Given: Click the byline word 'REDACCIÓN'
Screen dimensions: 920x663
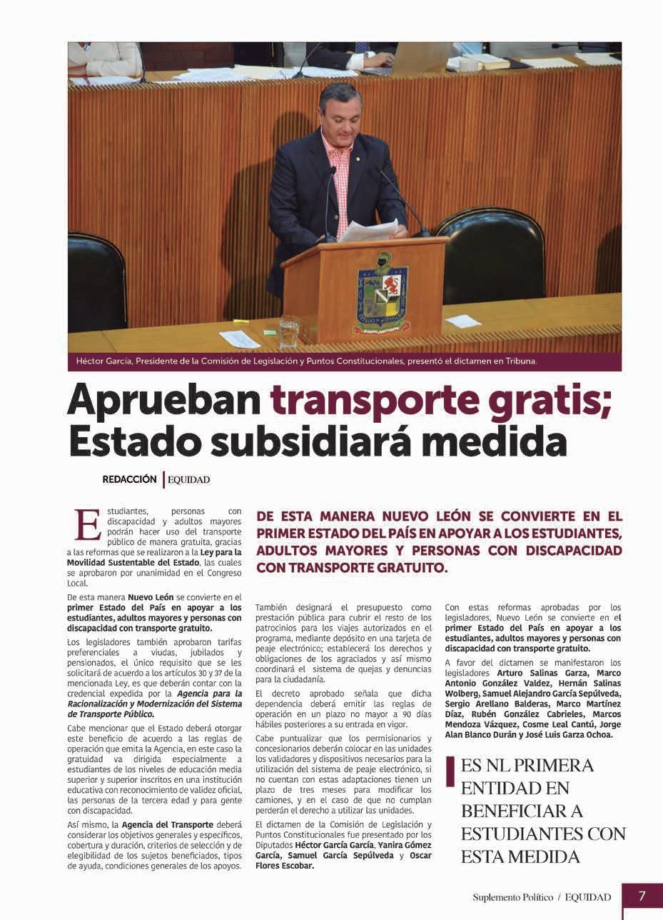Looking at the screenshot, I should [x=129, y=480].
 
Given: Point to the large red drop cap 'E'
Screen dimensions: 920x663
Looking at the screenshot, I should [x=87, y=525].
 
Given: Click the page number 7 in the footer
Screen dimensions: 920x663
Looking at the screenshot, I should [x=642, y=896].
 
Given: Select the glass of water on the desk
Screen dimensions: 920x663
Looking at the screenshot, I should [x=289, y=332].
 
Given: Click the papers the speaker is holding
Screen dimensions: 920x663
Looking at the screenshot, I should [x=368, y=230].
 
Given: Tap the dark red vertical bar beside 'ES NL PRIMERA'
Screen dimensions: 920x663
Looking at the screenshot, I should [x=450, y=772].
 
